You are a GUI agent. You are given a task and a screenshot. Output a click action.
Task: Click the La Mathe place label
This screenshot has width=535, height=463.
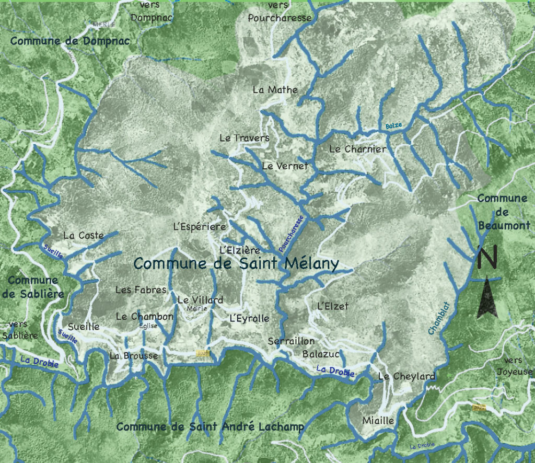click(x=275, y=89)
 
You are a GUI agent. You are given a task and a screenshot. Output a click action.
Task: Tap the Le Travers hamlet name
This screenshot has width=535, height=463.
click(x=244, y=138)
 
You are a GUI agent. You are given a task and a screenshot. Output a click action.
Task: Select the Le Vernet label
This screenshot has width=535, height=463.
click(x=285, y=166)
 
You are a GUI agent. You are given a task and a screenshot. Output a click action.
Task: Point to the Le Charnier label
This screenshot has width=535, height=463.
click(x=358, y=149)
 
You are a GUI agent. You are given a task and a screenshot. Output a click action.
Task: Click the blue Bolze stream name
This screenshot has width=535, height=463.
click(x=394, y=126)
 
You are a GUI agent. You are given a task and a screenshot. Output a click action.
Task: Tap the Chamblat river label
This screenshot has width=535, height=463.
click(x=439, y=319)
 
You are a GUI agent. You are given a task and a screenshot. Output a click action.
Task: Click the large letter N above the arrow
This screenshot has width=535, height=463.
click(x=487, y=257)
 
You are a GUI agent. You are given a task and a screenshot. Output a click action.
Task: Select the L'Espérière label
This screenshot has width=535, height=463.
click(x=199, y=227)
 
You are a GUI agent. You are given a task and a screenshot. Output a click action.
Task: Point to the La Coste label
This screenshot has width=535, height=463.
click(x=83, y=235)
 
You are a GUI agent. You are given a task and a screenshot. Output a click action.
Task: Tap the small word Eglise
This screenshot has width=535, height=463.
click(x=148, y=326)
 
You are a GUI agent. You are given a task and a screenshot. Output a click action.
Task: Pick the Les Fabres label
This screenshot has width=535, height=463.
click(x=141, y=290)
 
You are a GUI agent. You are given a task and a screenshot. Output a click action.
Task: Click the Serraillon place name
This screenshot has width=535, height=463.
click(x=291, y=341)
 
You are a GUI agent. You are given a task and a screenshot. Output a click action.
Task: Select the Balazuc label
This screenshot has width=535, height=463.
click(x=321, y=354)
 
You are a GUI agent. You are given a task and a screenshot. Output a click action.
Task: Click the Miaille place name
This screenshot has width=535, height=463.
click(x=378, y=420)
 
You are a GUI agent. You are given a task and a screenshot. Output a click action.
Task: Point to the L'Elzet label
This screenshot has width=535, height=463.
click(x=332, y=306)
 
